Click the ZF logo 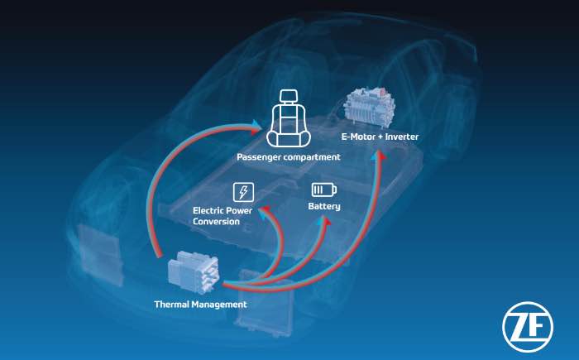point(528,327)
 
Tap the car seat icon point(289,118)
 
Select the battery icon point(324,190)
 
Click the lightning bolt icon point(243,192)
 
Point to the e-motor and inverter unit point(371,107)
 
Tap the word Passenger point(258,157)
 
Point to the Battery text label point(324,206)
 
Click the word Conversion point(216,222)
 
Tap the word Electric point(208,211)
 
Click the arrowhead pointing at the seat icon point(256,127)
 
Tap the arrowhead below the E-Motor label point(378,156)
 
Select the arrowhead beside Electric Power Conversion point(264,212)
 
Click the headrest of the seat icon point(289,97)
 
